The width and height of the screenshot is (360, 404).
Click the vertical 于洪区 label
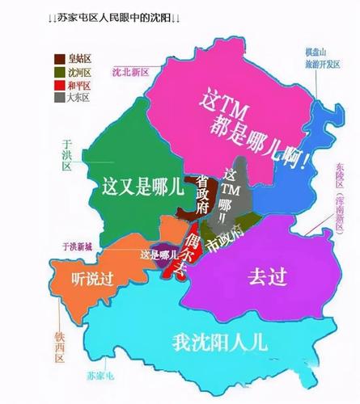(66, 154)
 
